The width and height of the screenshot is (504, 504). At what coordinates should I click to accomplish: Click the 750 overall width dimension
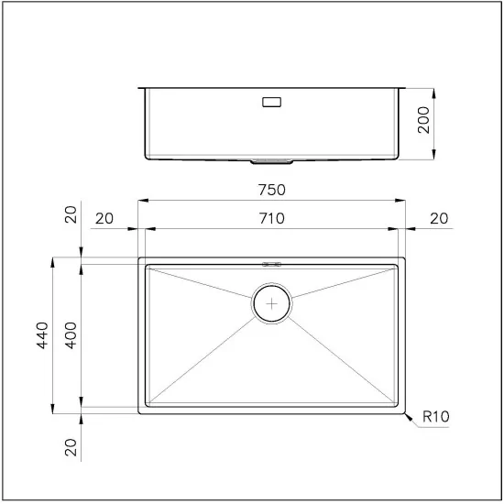pos(272,191)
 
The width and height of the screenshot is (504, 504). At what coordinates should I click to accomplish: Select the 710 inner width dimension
pos(272,218)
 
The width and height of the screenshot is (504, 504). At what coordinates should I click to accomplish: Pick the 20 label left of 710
pos(104,218)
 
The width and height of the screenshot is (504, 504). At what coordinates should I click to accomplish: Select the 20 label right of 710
pos(439,218)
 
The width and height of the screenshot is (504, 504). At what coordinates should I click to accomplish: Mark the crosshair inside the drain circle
pos(272,303)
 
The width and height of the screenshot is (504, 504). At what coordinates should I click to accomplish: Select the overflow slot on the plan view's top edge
pos(272,263)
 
